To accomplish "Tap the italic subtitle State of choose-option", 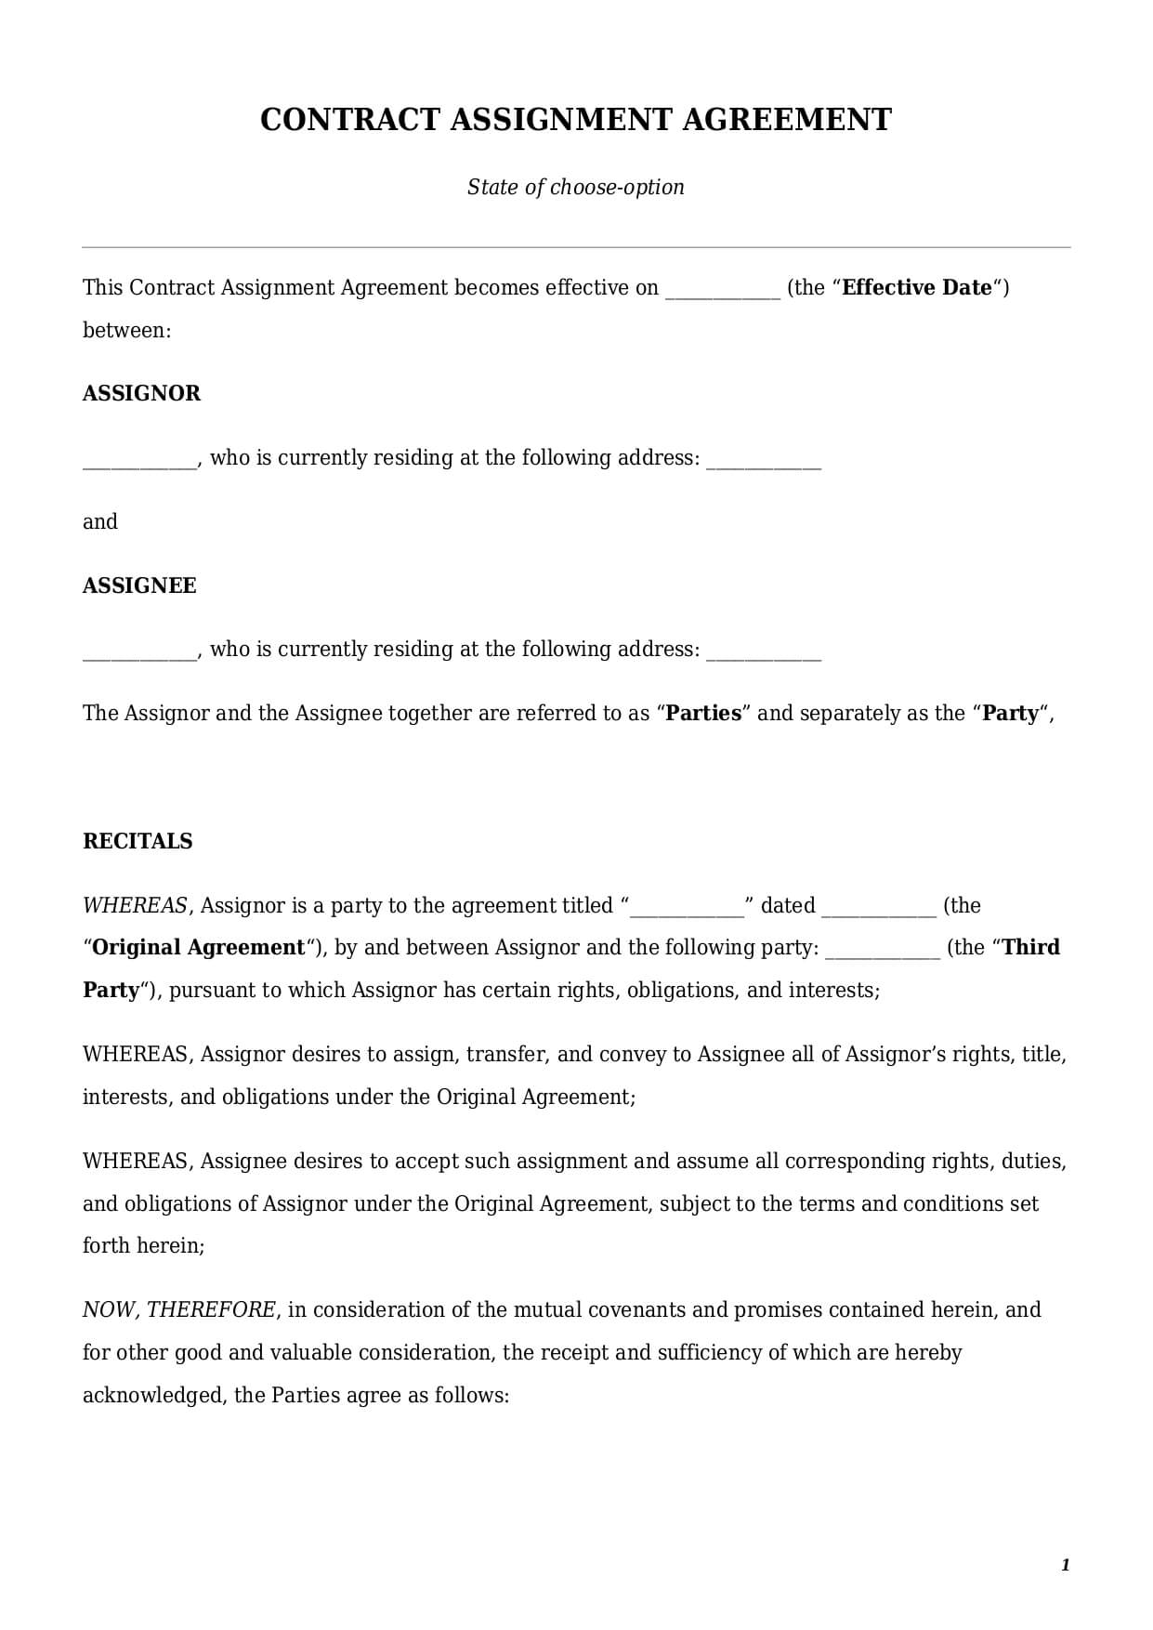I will pos(575,187).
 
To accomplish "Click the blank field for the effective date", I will pos(723,290).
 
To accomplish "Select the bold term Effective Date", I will pos(916,288).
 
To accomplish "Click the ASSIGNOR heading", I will pos(141,393).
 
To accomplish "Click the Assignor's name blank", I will pos(139,460).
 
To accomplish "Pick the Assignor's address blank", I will pos(764,460).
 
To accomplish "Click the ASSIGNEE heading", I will pos(139,585).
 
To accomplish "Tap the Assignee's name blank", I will pos(139,651).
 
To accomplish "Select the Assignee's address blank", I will pos(764,651).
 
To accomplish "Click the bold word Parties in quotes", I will pos(704,714).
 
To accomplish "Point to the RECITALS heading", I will pos(138,841).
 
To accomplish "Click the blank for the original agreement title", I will pos(688,908).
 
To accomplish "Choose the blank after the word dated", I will pos(879,908).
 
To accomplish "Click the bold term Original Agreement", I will pos(199,948).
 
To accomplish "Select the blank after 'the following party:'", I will pos(883,950).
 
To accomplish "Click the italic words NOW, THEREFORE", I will pos(178,1310).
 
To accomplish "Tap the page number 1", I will pos(1065,1565).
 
